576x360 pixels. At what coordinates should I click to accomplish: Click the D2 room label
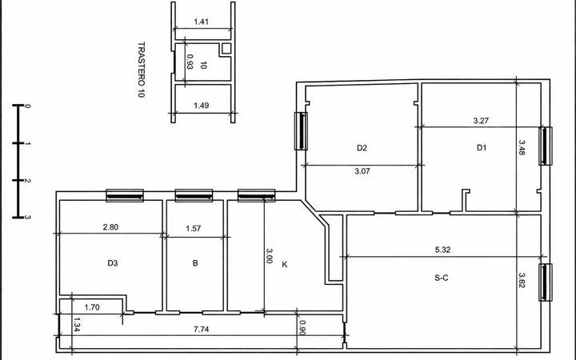click(362, 148)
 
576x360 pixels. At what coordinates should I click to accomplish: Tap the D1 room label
click(482, 148)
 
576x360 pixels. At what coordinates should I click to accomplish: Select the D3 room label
click(113, 263)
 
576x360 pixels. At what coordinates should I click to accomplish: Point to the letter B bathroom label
click(195, 263)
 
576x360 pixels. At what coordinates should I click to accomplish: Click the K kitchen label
click(285, 265)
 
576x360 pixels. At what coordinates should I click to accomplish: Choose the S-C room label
click(441, 278)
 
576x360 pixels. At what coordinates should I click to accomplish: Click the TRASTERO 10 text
click(141, 70)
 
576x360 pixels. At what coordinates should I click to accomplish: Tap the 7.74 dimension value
click(202, 329)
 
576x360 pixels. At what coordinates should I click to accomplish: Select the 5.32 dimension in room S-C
click(442, 250)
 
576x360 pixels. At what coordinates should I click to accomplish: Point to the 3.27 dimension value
click(481, 121)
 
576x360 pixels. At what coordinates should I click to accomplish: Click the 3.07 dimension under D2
click(362, 171)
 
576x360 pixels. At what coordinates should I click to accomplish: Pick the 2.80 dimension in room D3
click(110, 227)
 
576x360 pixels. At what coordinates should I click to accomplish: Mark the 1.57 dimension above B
click(194, 229)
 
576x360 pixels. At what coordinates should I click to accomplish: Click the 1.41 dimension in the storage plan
click(202, 22)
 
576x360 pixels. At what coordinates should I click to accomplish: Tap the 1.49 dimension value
click(202, 106)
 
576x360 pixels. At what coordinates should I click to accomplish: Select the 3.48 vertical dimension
click(522, 148)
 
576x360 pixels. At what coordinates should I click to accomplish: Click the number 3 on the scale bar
click(28, 217)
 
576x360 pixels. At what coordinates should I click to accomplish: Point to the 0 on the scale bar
click(28, 106)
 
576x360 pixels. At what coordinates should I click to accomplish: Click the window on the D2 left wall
click(302, 131)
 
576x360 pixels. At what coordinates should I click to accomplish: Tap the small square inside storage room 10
click(226, 48)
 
